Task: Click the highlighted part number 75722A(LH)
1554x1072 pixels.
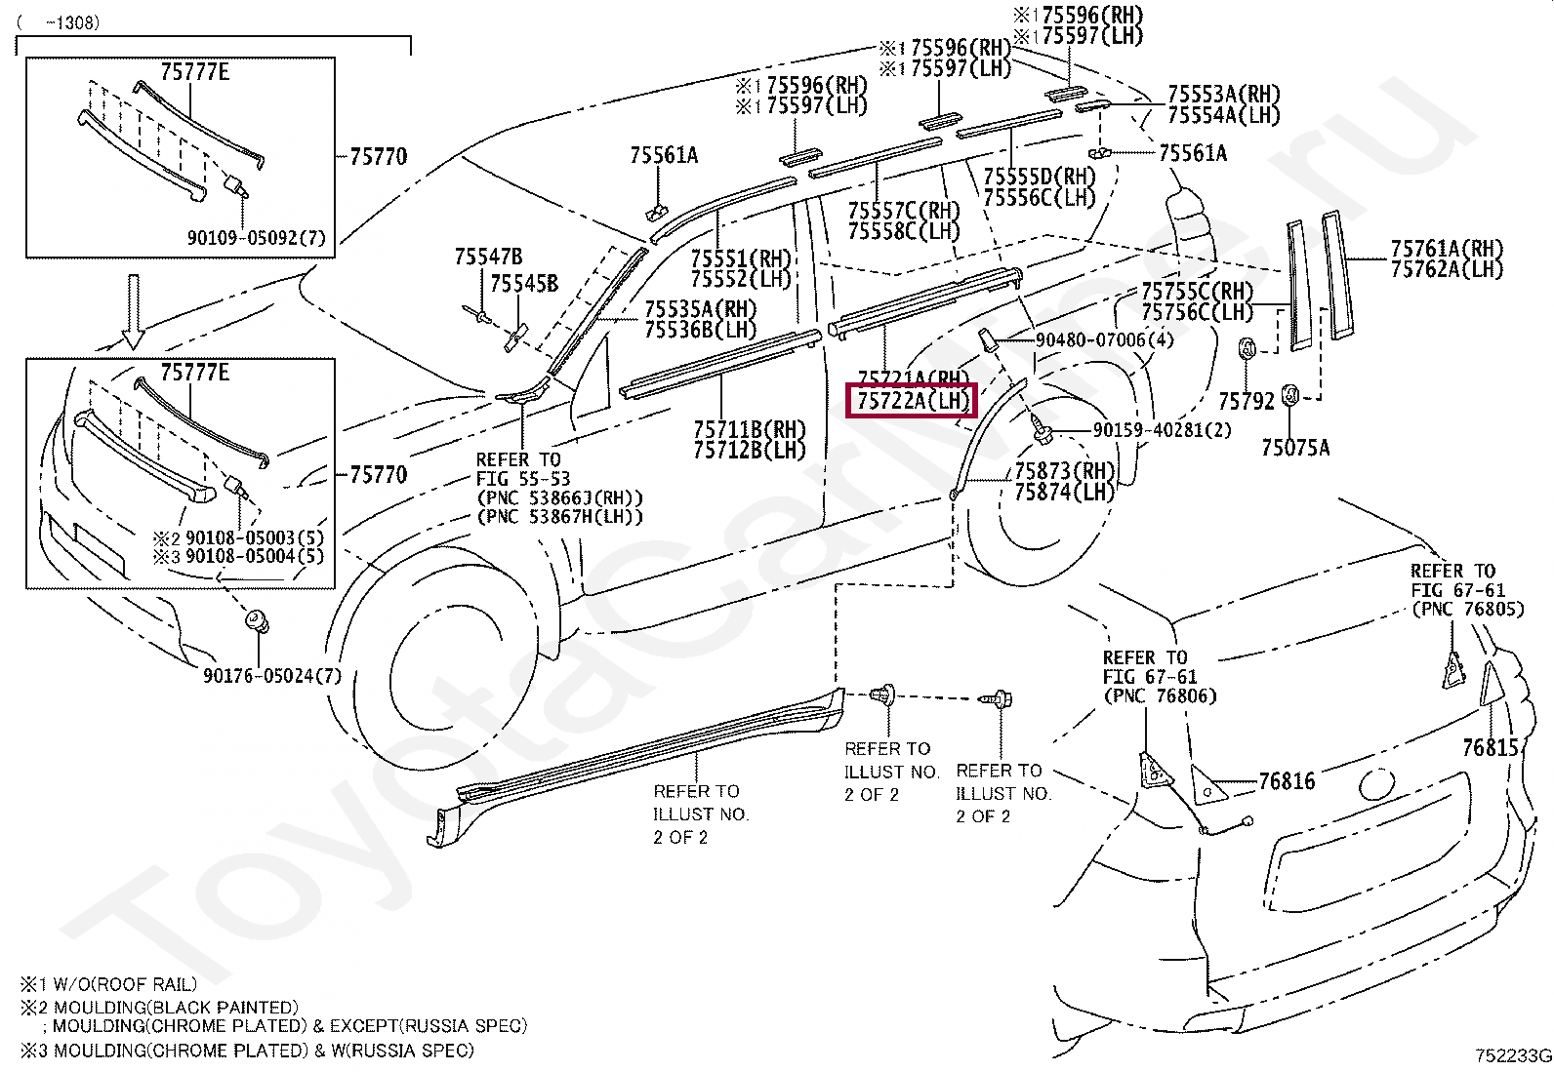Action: [913, 400]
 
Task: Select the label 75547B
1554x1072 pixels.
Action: [487, 258]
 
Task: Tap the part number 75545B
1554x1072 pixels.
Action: [524, 284]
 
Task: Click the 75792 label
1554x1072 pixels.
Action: [1246, 400]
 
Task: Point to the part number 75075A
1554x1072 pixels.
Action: [1295, 448]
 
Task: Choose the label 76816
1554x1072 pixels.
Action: [1287, 781]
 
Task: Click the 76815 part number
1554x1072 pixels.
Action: [1491, 747]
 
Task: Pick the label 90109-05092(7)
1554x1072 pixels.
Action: [256, 238]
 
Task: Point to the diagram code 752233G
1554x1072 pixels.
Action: [1513, 1055]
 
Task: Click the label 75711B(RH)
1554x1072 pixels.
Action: [750, 429]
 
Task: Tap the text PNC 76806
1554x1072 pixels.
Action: [1161, 695]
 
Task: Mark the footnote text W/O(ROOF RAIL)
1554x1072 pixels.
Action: [118, 985]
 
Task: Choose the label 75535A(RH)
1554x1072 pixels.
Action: [700, 308]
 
